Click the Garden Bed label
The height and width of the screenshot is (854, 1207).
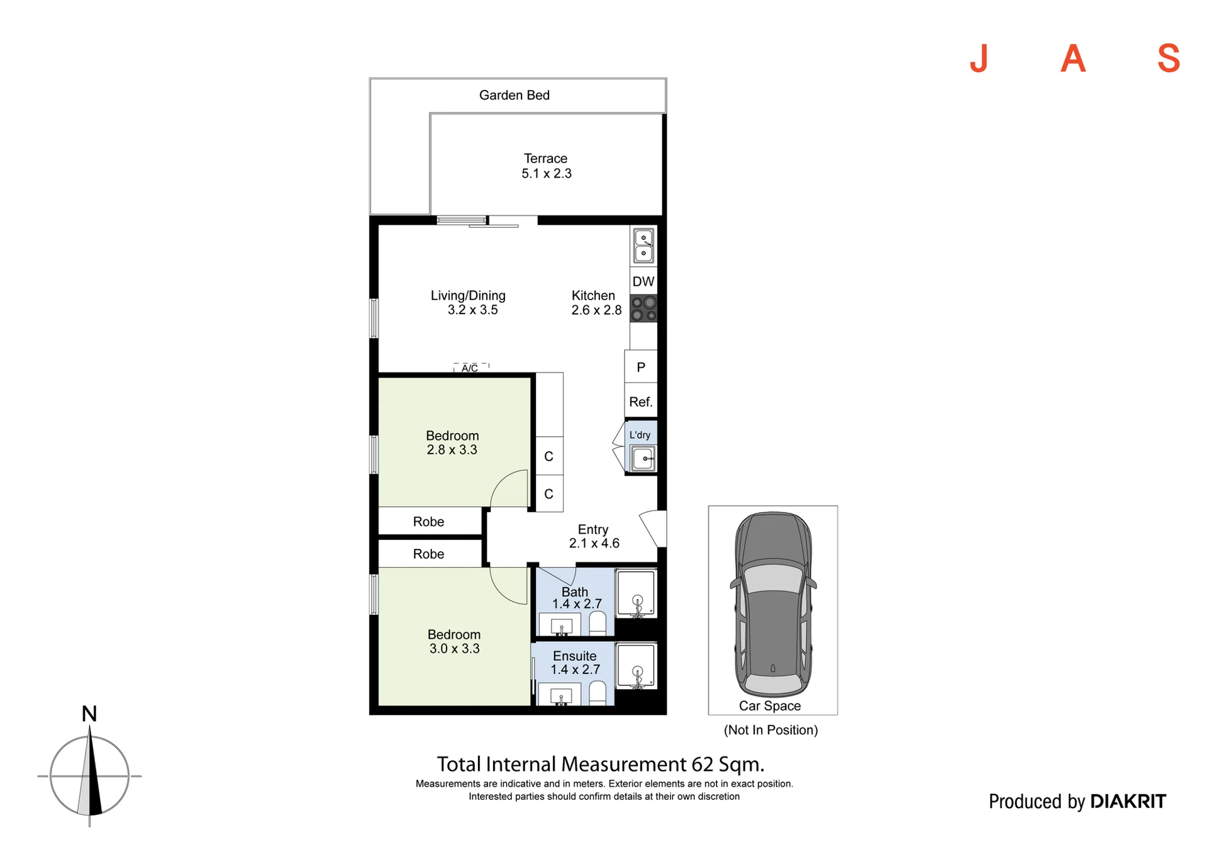[514, 95]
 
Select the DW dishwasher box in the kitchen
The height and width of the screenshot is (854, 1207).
[643, 281]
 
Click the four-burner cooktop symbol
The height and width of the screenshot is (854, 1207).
[643, 308]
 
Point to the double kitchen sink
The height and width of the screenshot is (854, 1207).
[643, 245]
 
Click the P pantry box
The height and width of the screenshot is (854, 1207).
[640, 367]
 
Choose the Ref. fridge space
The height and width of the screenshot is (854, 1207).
[640, 401]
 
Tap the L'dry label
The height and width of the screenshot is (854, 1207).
[640, 435]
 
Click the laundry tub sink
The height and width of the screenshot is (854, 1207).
[643, 458]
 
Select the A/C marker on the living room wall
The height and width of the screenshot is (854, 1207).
[470, 368]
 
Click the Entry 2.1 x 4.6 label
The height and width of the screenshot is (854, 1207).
[594, 536]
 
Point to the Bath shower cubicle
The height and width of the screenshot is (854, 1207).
[636, 592]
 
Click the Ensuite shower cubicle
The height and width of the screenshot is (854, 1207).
[636, 665]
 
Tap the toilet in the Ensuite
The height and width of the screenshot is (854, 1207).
[598, 693]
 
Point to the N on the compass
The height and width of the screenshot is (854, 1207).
[89, 714]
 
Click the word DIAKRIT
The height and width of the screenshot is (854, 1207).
[1128, 801]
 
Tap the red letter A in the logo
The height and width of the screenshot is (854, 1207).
[1073, 59]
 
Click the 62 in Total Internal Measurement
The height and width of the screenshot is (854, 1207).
[703, 764]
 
